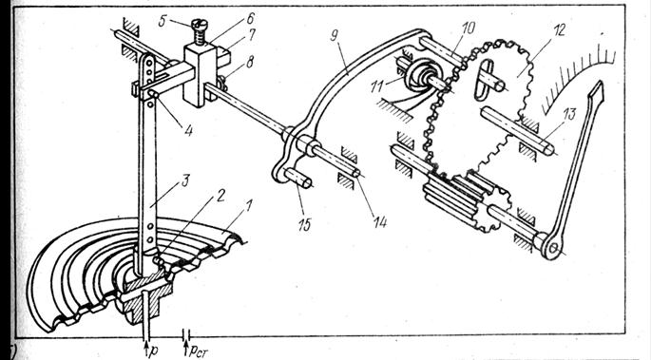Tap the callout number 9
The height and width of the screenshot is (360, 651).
(x=334, y=36)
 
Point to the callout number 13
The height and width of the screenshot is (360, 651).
(x=569, y=114)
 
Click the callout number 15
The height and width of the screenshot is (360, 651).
(x=305, y=224)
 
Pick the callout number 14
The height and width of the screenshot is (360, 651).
(x=379, y=222)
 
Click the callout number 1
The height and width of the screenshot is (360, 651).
(x=248, y=205)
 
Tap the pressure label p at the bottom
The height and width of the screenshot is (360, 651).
(x=153, y=351)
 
